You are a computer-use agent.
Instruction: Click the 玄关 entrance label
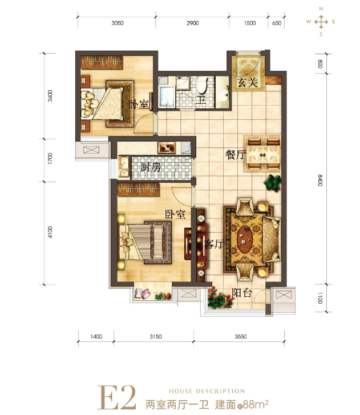coord(247,82)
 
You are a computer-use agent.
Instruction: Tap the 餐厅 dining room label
coord(236,155)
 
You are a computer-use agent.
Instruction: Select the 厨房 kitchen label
coord(151,167)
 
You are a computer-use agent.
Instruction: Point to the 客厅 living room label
coord(214,244)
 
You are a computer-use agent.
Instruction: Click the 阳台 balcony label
coord(242,292)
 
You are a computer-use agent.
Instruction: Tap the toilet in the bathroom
coord(203,85)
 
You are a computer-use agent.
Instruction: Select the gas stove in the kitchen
coord(167,148)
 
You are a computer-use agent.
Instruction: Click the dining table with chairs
coord(262,154)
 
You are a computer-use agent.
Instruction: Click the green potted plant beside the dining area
coord(273,183)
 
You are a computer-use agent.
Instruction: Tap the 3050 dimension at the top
coord(117,23)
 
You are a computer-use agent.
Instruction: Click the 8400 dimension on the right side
coord(320,180)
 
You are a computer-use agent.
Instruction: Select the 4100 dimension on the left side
coord(50,232)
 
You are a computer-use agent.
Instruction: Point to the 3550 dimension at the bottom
coord(240,336)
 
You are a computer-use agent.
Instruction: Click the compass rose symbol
coord(321,22)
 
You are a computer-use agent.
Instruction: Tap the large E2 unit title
coord(116,397)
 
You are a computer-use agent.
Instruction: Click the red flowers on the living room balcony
coord(220,299)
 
